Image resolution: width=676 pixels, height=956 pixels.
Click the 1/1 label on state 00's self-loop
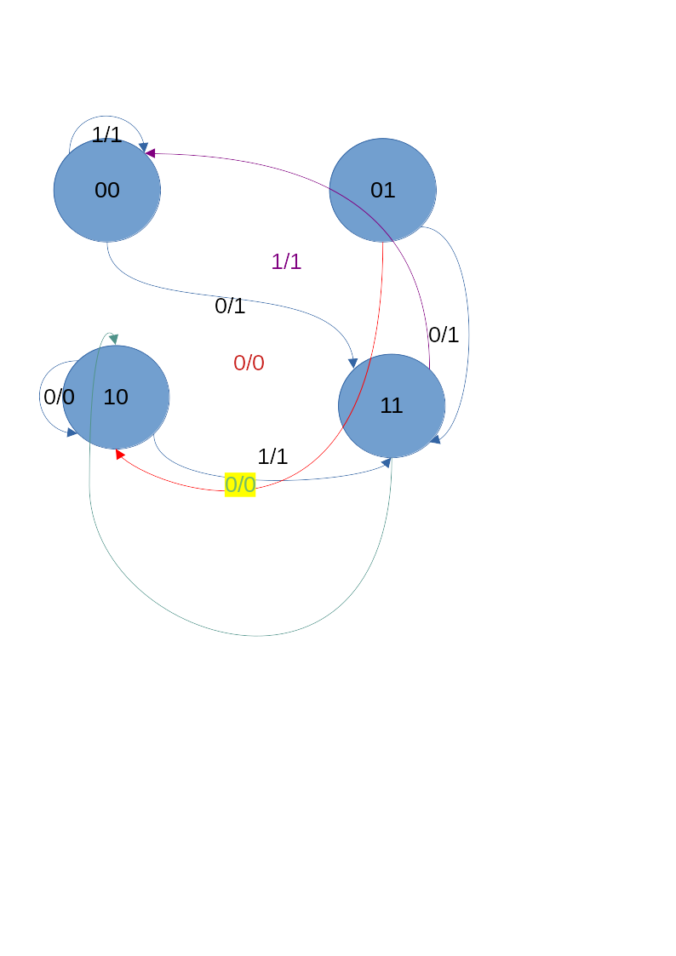coord(106,135)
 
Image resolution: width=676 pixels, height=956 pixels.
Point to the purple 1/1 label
coord(286,261)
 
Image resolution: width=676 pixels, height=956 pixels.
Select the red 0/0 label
coord(249,363)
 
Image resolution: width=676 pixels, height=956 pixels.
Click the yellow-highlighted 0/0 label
coord(240,484)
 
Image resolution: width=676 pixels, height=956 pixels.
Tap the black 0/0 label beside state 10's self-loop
coord(59,397)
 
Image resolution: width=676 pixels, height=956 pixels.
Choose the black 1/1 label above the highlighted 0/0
coord(272,456)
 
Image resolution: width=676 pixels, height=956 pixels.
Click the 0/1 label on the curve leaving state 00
coord(230,306)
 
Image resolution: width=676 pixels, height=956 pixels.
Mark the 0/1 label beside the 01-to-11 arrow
coord(444,335)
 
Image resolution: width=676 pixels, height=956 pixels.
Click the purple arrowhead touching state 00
coord(150,153)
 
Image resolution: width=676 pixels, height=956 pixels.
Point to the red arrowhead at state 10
coord(119,454)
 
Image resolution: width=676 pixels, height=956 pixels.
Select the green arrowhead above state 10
coord(113,339)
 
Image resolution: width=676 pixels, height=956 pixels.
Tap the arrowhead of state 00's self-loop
coord(143,147)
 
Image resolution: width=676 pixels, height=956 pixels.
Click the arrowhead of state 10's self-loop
coord(72,432)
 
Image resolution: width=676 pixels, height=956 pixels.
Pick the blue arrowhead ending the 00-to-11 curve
coord(352,364)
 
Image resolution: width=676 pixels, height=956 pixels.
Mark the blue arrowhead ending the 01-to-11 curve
coord(435,439)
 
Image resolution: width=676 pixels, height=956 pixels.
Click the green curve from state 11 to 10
coord(255,635)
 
